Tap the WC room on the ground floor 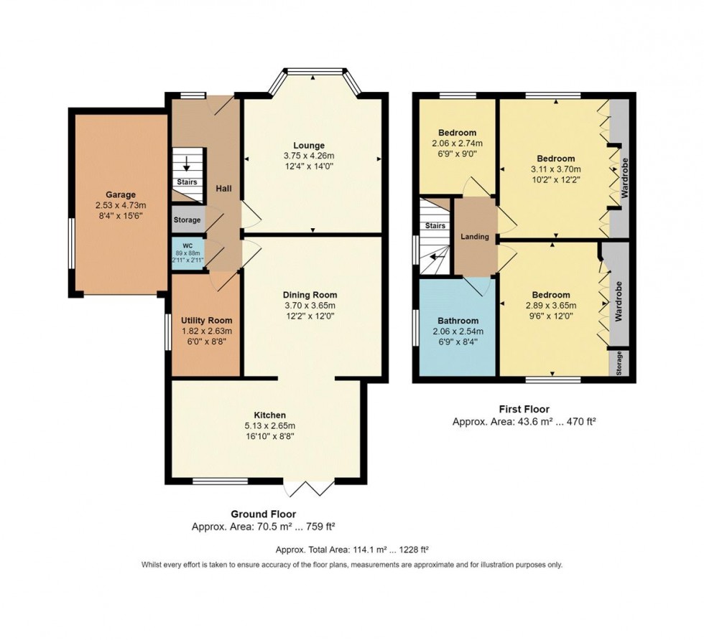[x=187, y=254]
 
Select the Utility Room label [x=206, y=321]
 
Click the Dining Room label [x=310, y=295]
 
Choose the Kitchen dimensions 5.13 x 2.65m [x=269, y=425]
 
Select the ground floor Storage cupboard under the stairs [x=187, y=220]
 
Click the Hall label [x=224, y=188]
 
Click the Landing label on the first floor [x=475, y=237]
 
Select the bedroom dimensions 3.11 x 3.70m [x=552, y=169]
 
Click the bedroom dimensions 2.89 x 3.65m [x=551, y=306]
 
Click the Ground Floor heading [x=263, y=514]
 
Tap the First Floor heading [x=524, y=409]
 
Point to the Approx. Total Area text [x=352, y=550]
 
